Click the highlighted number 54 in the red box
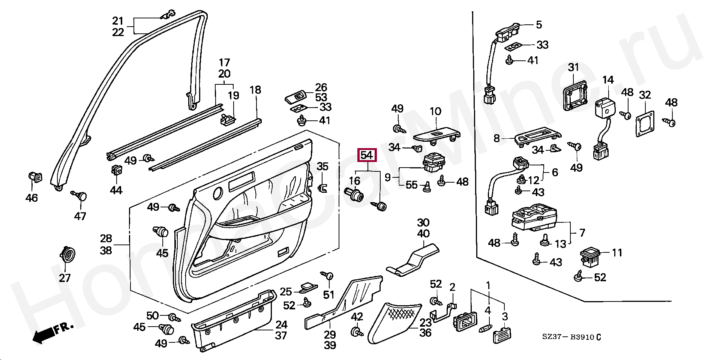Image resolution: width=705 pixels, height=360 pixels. pos(367,155)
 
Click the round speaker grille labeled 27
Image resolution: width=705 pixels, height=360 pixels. pos(67,255)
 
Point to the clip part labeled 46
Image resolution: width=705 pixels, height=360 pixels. pos(35,177)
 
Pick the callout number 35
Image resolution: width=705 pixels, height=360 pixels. pos(322,166)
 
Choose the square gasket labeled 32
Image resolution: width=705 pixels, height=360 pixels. pos(645,124)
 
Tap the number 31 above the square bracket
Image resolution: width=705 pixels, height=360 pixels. pos(573,68)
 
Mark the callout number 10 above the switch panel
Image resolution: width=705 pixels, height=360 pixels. pos(435,111)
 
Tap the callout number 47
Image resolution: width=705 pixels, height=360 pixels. pos(80,216)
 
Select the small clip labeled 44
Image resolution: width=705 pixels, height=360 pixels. pos(117,171)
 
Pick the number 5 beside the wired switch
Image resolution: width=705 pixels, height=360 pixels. pos(538,25)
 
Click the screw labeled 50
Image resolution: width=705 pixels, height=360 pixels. pos(174,317)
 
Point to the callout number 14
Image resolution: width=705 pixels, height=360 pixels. pos(608,80)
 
